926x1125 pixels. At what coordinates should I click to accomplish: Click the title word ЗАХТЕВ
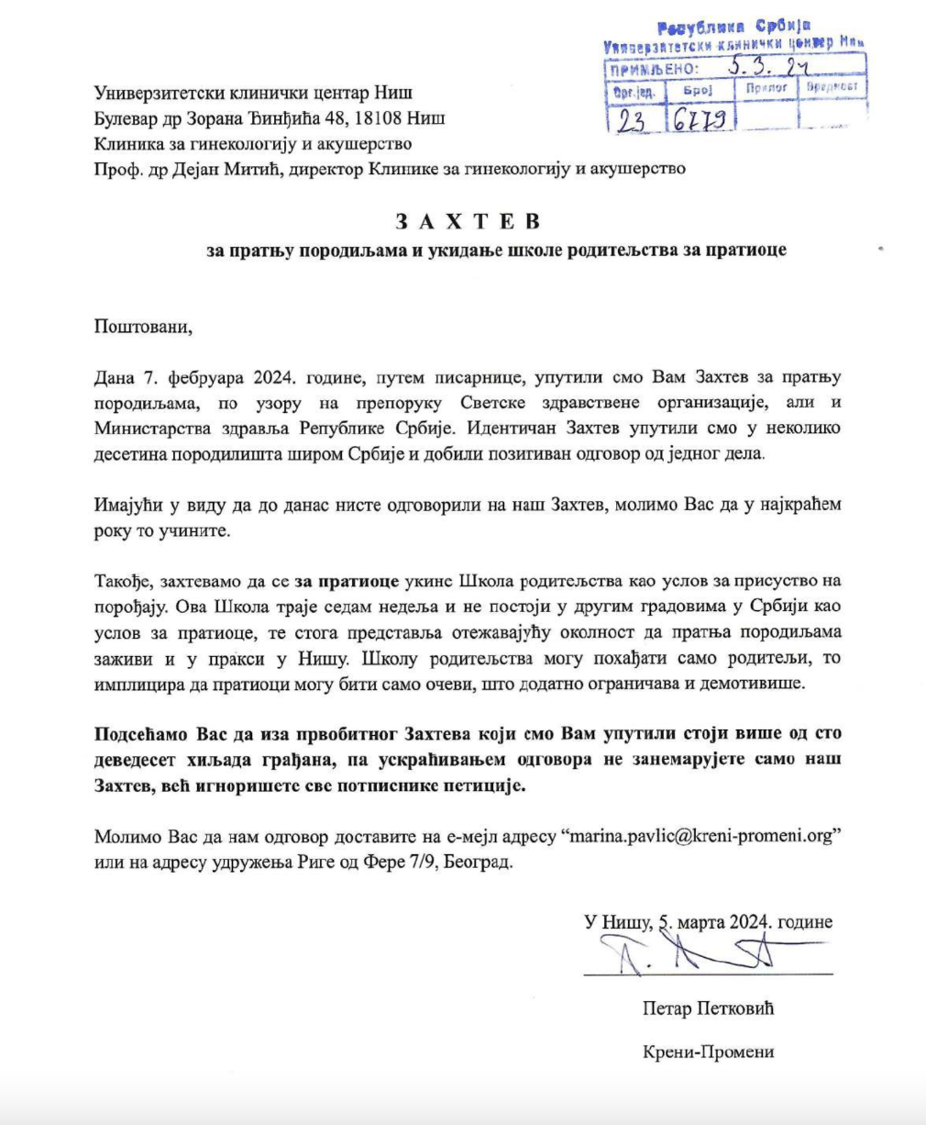468,222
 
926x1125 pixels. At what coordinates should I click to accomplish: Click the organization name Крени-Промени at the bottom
709,1053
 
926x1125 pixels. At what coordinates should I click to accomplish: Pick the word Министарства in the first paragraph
147,429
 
